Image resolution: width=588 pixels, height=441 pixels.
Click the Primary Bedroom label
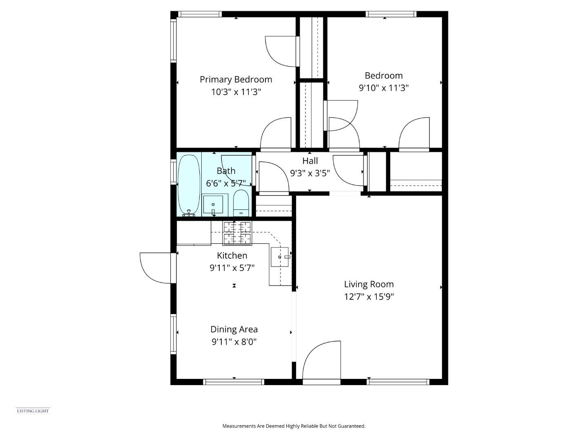pyautogui.click(x=236, y=80)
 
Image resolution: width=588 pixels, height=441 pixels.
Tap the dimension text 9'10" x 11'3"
pyautogui.click(x=383, y=88)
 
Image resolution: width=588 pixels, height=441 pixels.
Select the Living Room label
pyautogui.click(x=369, y=284)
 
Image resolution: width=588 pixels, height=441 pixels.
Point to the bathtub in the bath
pyautogui.click(x=189, y=185)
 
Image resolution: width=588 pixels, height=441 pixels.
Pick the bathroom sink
pyautogui.click(x=213, y=204)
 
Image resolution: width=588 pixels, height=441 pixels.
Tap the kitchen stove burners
pyautogui.click(x=237, y=233)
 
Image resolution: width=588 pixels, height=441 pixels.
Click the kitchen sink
pyautogui.click(x=280, y=257)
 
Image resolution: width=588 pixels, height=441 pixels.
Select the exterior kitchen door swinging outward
pyautogui.click(x=156, y=267)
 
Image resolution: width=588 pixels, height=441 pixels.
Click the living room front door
pyautogui.click(x=322, y=361)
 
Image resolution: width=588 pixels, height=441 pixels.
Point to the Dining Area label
pyautogui.click(x=234, y=330)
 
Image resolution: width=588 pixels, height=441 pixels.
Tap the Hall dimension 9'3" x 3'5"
pyautogui.click(x=310, y=173)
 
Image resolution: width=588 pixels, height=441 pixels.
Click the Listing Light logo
pyautogui.click(x=33, y=411)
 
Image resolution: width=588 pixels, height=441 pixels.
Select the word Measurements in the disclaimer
pyautogui.click(x=239, y=426)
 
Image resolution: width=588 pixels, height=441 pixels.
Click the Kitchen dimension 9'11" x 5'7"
pyautogui.click(x=232, y=268)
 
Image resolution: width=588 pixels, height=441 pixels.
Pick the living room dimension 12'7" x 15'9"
pyautogui.click(x=369, y=297)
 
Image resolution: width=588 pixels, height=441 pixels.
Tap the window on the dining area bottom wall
pyautogui.click(x=234, y=382)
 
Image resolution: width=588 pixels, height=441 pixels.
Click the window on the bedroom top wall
pyautogui.click(x=391, y=14)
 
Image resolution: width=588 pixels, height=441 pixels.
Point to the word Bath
pyautogui.click(x=226, y=171)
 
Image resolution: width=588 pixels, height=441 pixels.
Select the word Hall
pyautogui.click(x=310, y=161)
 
